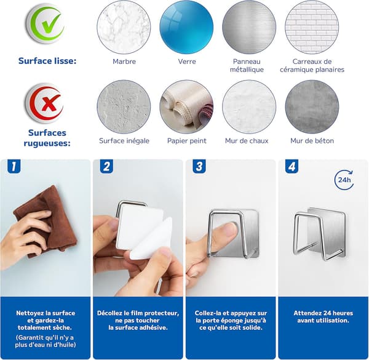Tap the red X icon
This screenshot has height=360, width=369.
click(x=45, y=103)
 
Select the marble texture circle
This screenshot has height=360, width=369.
click(x=124, y=27)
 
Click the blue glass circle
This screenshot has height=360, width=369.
click(x=186, y=27)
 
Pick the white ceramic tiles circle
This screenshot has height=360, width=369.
click(x=312, y=27)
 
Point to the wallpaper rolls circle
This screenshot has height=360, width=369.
click(x=186, y=107)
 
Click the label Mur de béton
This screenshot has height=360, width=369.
click(x=312, y=140)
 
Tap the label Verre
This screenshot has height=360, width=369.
click(x=187, y=62)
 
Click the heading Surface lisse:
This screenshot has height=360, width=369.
click(x=47, y=61)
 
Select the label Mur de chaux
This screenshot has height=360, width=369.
click(x=247, y=140)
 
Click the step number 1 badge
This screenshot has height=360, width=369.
click(x=14, y=166)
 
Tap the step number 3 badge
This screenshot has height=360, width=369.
click(x=199, y=166)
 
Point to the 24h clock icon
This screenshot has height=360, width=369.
click(x=344, y=180)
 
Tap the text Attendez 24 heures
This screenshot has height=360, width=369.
click(x=323, y=313)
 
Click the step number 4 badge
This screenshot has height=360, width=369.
click(x=292, y=166)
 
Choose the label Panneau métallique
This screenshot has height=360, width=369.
click(x=247, y=65)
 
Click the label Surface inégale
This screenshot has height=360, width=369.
click(x=124, y=140)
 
